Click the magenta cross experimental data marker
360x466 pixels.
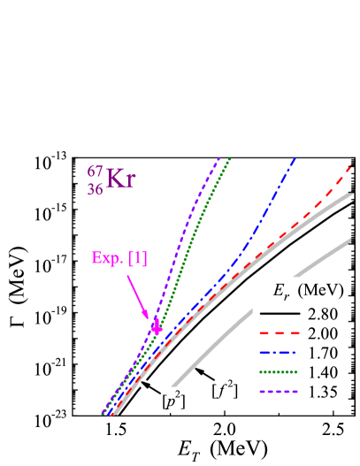tap(157, 326)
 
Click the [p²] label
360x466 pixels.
tap(172, 401)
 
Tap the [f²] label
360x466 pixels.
tap(223, 388)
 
